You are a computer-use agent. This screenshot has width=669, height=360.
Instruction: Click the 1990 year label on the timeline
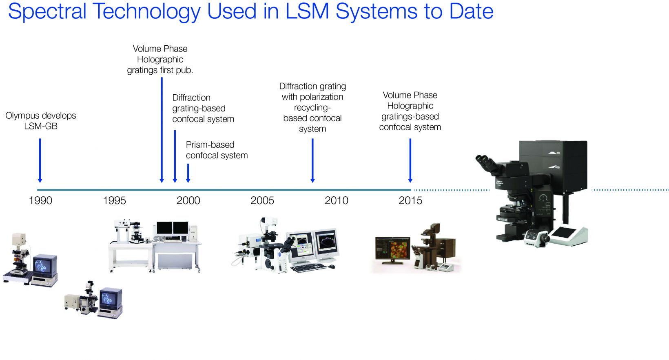(40, 200)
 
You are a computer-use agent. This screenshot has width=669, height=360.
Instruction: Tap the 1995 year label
(114, 200)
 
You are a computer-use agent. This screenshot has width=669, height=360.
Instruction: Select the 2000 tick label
(188, 200)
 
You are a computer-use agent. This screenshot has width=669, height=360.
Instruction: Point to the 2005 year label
(262, 200)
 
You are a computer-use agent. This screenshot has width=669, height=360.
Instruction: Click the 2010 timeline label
(336, 200)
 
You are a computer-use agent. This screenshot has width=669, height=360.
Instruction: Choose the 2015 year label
(410, 200)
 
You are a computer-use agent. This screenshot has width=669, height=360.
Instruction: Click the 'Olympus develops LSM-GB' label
(41, 121)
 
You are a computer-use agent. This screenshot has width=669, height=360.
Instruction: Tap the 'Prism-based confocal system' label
(217, 150)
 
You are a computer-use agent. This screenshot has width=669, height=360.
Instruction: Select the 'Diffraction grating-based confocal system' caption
(203, 108)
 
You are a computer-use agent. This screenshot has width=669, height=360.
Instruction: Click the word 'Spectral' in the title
(47, 11)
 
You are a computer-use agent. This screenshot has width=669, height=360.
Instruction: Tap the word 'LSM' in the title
(307, 11)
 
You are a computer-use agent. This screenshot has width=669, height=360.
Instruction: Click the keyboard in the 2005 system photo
(308, 267)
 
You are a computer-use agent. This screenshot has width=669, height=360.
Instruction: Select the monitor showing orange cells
(392, 249)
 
